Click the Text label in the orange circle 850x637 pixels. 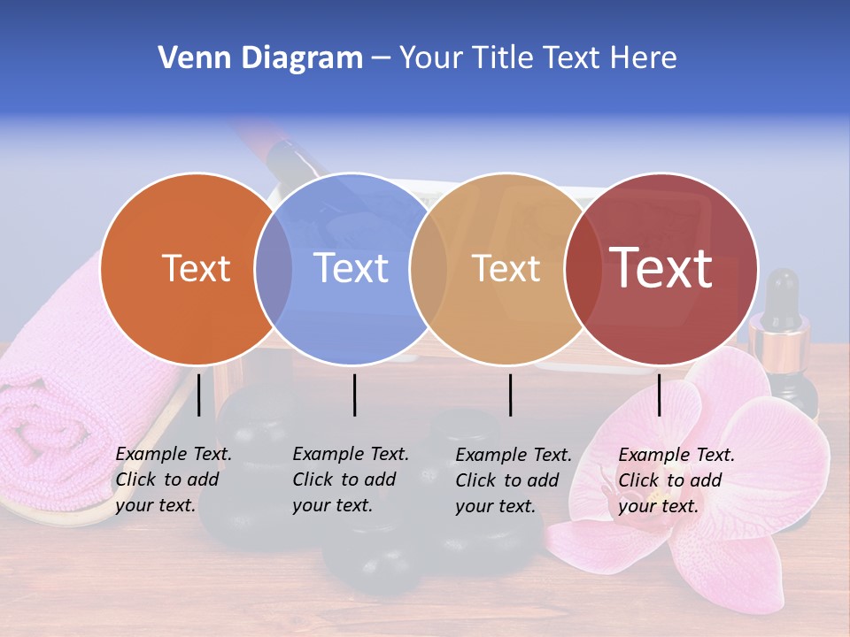[x=196, y=268]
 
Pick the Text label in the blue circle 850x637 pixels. [x=351, y=268]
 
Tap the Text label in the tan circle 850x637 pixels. [x=506, y=268]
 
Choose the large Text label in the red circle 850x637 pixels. [x=661, y=267]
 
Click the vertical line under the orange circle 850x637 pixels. [x=199, y=395]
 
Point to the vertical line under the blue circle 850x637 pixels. [x=354, y=395]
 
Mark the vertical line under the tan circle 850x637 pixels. [x=510, y=395]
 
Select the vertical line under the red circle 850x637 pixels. [x=659, y=395]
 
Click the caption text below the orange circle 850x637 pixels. [x=173, y=480]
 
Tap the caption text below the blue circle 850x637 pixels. [x=350, y=480]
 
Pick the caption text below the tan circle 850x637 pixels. [x=513, y=480]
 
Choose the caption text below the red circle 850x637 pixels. [x=676, y=480]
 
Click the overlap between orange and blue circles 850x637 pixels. [x=274, y=268]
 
